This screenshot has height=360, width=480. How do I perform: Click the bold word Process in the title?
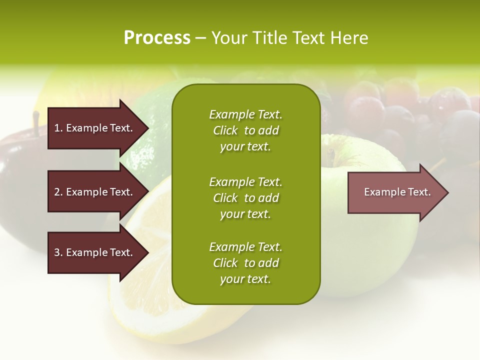157,38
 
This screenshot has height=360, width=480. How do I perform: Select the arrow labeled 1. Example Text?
95,128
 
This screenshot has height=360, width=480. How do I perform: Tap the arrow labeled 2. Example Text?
95,192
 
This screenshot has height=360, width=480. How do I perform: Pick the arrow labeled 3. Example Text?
95,252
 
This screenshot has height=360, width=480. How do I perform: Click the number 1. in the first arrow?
58,128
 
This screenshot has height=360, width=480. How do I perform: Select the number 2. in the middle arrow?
58,192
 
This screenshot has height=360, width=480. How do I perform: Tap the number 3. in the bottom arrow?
58,252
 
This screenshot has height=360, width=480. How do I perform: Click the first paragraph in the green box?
245,130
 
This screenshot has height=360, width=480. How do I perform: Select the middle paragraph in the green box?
245,198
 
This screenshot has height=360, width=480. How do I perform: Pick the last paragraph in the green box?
245,263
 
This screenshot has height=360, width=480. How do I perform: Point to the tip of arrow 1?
148,128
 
